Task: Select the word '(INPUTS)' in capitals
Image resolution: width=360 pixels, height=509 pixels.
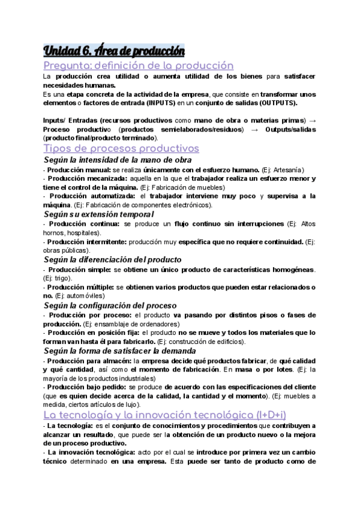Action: click(x=154, y=103)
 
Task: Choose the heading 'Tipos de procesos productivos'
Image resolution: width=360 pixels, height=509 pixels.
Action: click(x=122, y=148)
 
